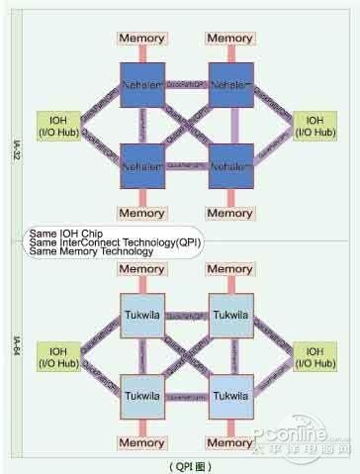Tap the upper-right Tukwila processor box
230,311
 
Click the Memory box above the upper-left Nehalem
142,38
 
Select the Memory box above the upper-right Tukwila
230,269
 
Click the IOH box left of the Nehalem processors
53,125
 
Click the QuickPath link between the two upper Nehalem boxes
187,84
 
